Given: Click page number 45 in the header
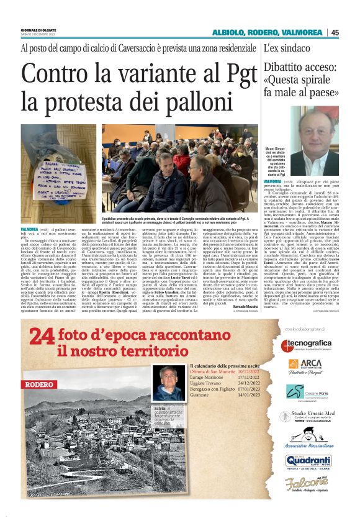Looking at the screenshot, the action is click(x=335, y=32).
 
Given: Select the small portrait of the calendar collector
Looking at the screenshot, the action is click(x=169, y=383).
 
